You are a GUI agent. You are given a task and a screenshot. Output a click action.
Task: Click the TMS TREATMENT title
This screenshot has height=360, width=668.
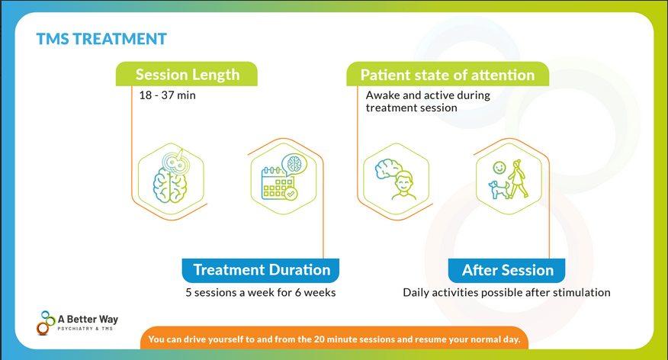coord(101,38)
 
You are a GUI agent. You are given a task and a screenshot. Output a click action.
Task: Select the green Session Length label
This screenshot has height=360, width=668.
coord(187,75)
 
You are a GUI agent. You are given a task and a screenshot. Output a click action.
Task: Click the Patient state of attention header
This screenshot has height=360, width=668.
coord(447,75)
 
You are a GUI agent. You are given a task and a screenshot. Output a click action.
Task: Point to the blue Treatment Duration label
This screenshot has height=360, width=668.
coord(262,270)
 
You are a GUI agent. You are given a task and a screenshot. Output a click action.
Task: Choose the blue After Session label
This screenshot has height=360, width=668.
coord(507,270)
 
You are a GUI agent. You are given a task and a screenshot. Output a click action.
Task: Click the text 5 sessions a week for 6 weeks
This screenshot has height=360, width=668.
coord(261,292)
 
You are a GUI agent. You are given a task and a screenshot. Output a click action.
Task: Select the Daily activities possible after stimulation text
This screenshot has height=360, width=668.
coord(506,292)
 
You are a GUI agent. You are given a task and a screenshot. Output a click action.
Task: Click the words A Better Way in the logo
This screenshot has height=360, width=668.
coord(88,318)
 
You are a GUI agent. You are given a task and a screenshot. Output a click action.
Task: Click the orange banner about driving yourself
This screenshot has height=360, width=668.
coord(334,339)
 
